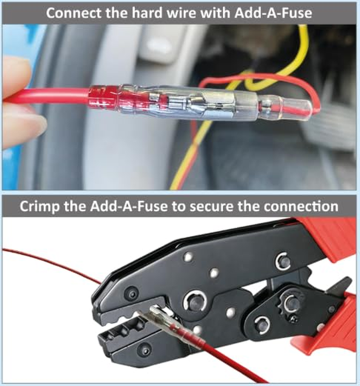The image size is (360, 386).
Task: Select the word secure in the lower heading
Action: (224, 206)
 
